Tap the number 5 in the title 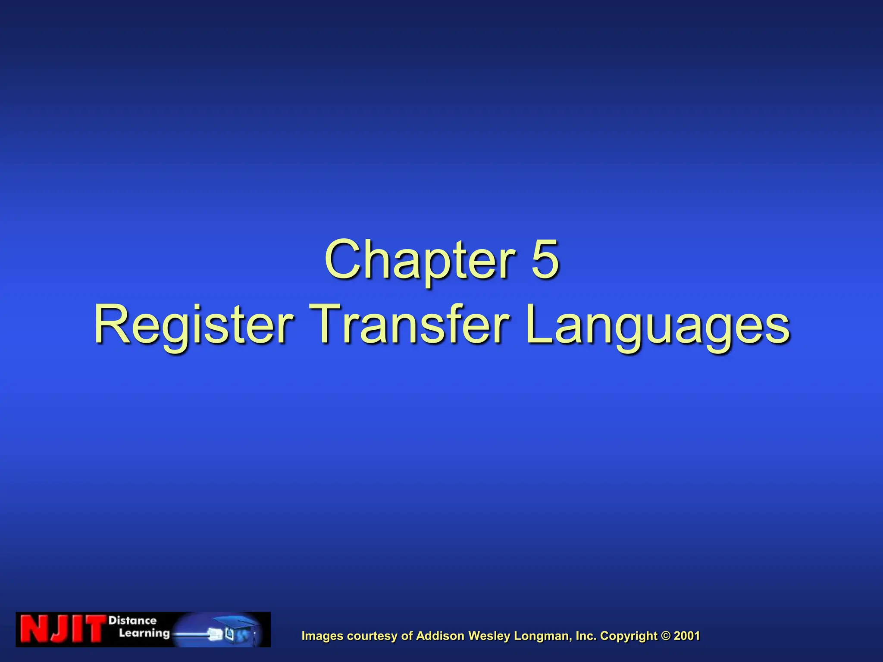[x=545, y=259]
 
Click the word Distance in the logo [x=132, y=621]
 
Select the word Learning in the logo [x=144, y=634]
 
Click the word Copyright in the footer [x=629, y=636]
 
